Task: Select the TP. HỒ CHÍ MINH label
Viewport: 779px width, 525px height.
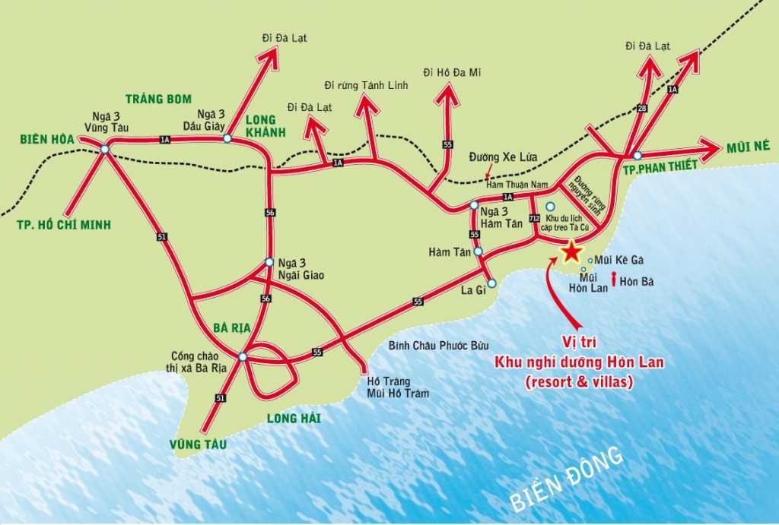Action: click(63, 224)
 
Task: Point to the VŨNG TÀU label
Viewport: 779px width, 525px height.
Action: click(200, 444)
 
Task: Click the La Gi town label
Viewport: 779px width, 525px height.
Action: click(473, 289)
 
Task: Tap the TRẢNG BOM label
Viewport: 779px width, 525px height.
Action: click(158, 99)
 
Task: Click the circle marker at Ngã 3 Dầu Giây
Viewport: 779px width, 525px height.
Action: click(227, 138)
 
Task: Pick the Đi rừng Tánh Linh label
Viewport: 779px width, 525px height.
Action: click(366, 85)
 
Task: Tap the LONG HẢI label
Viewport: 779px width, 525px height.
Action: click(294, 418)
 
